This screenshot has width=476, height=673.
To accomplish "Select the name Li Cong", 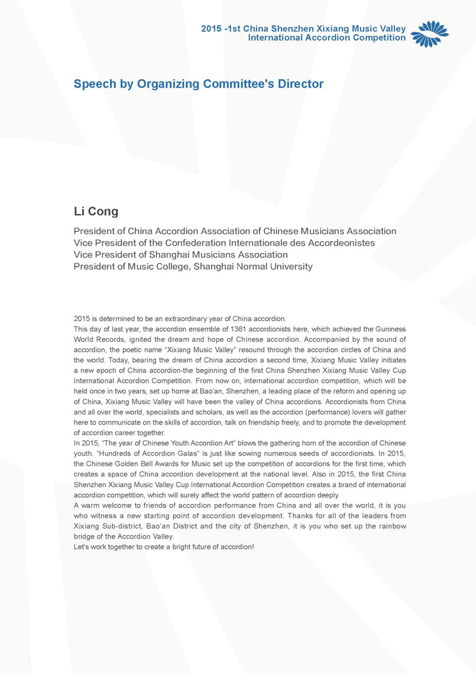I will pyautogui.click(x=96, y=212).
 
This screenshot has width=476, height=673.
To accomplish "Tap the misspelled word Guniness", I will pyautogui.click(x=390, y=329).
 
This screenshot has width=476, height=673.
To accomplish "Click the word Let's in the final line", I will pyautogui.click(x=82, y=547).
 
